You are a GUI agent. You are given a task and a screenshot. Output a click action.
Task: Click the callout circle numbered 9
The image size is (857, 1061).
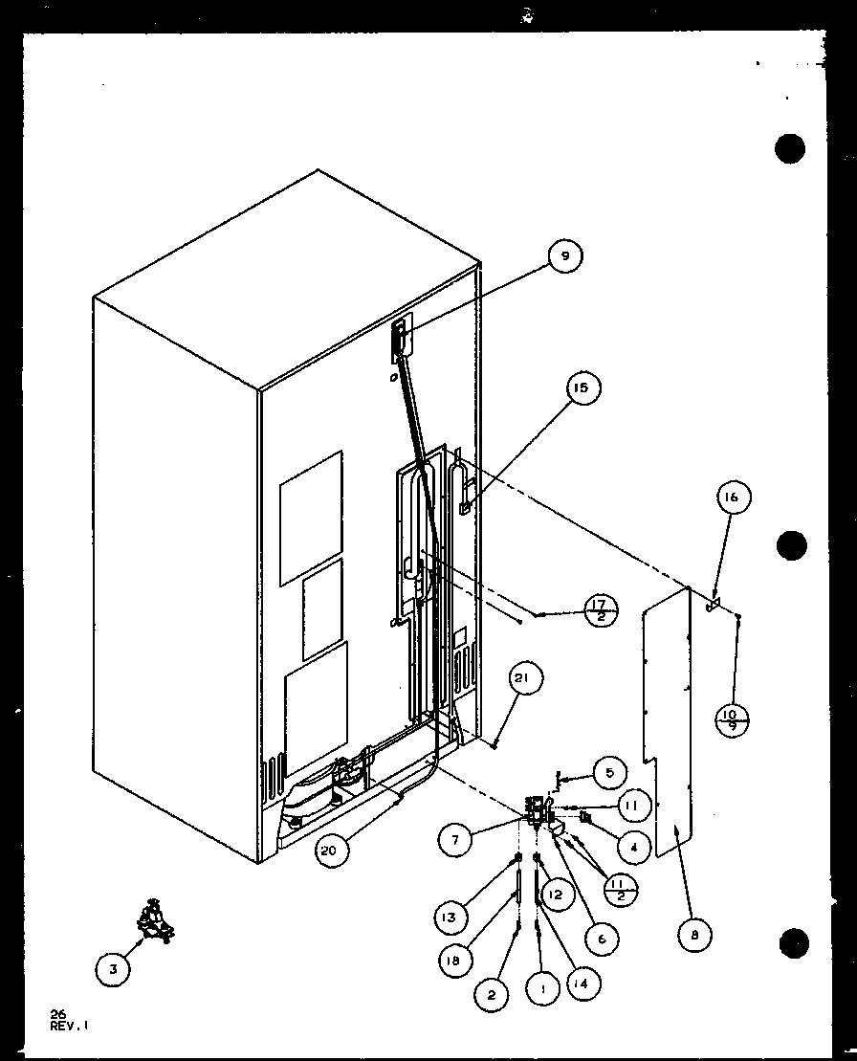pyautogui.click(x=565, y=256)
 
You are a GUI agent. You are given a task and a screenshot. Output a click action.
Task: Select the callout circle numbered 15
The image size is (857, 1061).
pyautogui.click(x=582, y=387)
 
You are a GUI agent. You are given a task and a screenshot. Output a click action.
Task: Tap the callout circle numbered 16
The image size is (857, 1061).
pyautogui.click(x=733, y=497)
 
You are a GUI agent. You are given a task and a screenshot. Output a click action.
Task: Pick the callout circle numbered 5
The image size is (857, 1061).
pyautogui.click(x=609, y=769)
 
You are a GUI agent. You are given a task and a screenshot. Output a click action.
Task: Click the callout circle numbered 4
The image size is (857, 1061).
pyautogui.click(x=633, y=846)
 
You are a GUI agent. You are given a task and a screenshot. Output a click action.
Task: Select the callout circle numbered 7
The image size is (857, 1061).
pyautogui.click(x=456, y=841)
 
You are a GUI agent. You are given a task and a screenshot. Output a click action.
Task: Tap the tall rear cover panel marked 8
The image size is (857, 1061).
pyautogui.click(x=667, y=727)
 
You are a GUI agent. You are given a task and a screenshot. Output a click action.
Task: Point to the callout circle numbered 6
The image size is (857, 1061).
pyautogui.click(x=601, y=939)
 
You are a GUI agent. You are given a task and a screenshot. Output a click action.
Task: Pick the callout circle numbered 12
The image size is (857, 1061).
pyautogui.click(x=556, y=894)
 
